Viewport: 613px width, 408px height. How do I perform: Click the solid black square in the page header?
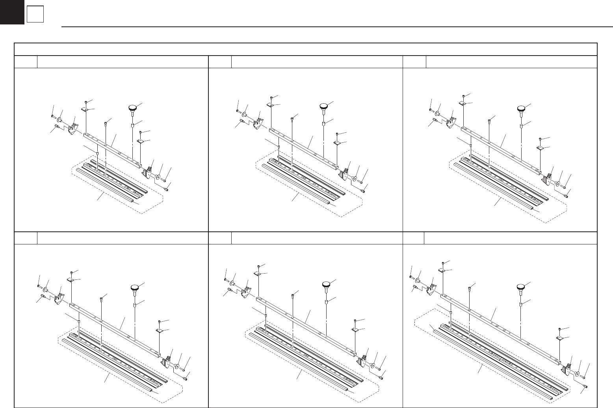12,12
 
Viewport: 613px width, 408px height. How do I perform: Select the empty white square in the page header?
35,15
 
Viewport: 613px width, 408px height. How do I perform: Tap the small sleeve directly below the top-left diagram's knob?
133,126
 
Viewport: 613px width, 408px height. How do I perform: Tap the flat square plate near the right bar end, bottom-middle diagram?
355,329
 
